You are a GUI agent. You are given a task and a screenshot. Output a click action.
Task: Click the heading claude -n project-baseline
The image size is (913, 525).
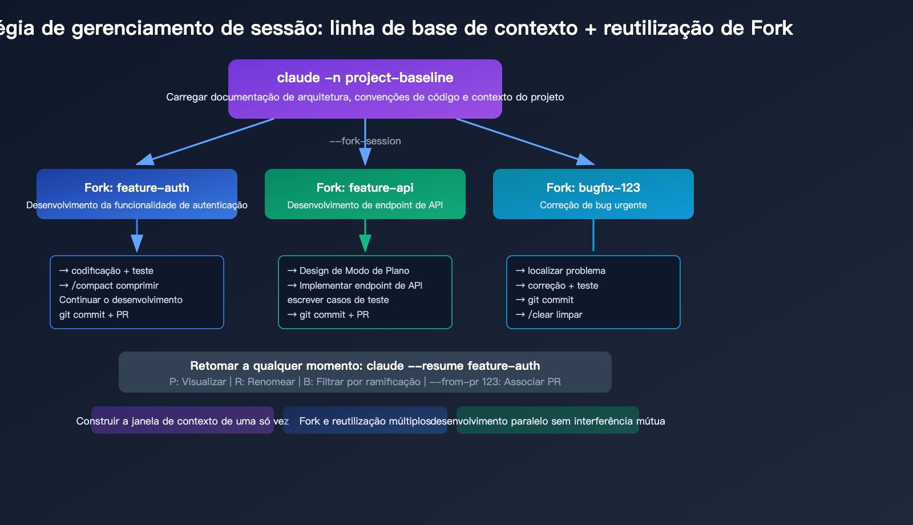tap(365, 78)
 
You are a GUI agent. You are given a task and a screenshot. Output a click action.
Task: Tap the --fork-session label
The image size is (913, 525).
tap(365, 141)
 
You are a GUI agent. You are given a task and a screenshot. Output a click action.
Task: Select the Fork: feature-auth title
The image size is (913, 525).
tap(136, 188)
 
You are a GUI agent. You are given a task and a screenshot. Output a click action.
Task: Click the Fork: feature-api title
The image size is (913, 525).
tap(365, 188)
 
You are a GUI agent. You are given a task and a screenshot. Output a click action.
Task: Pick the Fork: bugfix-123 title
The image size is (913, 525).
tap(593, 188)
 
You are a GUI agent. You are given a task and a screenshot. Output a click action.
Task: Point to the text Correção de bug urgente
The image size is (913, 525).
tap(593, 205)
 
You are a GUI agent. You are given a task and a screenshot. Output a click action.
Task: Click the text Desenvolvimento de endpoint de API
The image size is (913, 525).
tap(365, 205)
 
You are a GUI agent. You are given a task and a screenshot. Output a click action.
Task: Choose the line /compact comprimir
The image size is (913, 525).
tap(115, 285)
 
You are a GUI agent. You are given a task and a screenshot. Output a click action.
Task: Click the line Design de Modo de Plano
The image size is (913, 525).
tap(354, 270)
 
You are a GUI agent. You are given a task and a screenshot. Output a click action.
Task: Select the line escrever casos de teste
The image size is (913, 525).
tap(338, 300)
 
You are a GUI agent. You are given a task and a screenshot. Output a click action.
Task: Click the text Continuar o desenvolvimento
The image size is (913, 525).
tap(120, 300)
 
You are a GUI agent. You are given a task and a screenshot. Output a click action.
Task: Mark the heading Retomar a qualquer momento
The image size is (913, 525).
tap(365, 366)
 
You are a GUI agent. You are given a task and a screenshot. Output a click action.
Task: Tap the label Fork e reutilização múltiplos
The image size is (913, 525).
tap(365, 421)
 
